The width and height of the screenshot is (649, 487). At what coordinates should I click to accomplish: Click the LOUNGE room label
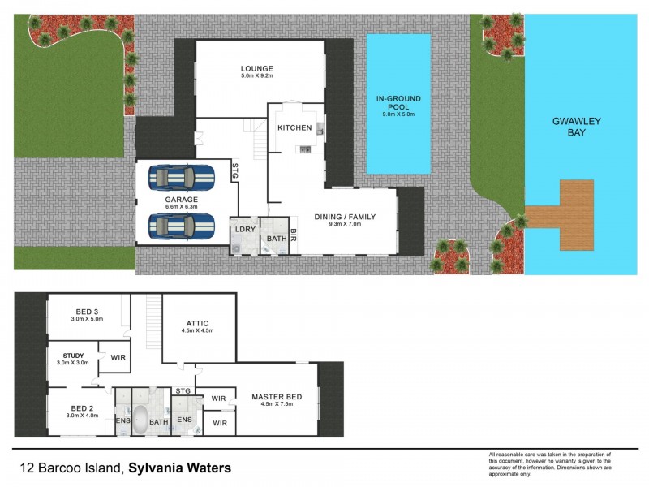tap(256, 68)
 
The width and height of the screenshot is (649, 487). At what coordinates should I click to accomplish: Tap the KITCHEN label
tap(294, 128)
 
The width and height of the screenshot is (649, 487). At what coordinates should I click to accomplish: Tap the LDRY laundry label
tap(245, 230)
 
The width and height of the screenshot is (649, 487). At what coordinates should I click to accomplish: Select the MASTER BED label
tap(277, 396)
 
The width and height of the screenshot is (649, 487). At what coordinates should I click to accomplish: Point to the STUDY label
tap(74, 355)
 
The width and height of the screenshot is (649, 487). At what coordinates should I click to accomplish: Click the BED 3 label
tap(88, 312)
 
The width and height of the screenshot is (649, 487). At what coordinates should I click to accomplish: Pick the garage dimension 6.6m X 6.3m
tap(182, 206)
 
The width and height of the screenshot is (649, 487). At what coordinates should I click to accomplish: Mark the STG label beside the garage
tap(235, 171)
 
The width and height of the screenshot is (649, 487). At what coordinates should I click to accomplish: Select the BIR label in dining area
tap(294, 236)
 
